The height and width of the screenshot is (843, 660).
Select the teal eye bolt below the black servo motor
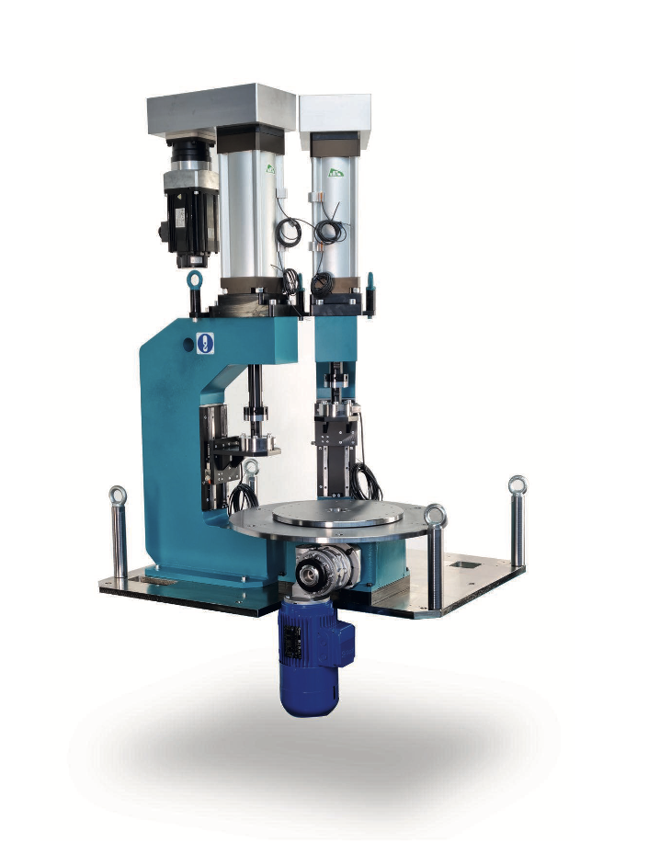[x=194, y=279]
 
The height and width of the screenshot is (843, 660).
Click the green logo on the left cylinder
[x=269, y=168]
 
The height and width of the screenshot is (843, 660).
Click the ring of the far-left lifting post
[x=117, y=496]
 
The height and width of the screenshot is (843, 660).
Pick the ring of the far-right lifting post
[x=518, y=484]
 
